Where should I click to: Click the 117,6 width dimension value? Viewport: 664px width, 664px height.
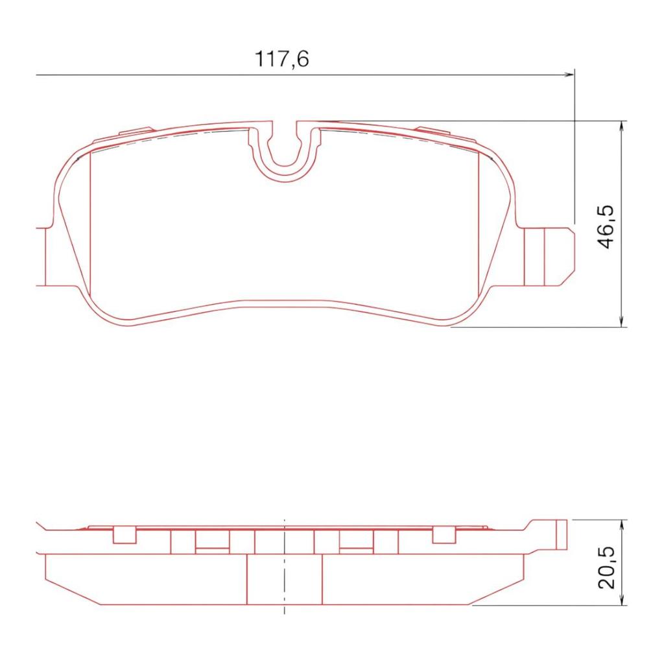click(281, 58)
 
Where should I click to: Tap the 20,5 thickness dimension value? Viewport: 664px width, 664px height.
click(606, 567)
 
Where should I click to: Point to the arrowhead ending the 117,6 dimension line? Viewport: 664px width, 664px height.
click(570, 75)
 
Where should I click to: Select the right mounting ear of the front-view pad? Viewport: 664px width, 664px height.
click(549, 256)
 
